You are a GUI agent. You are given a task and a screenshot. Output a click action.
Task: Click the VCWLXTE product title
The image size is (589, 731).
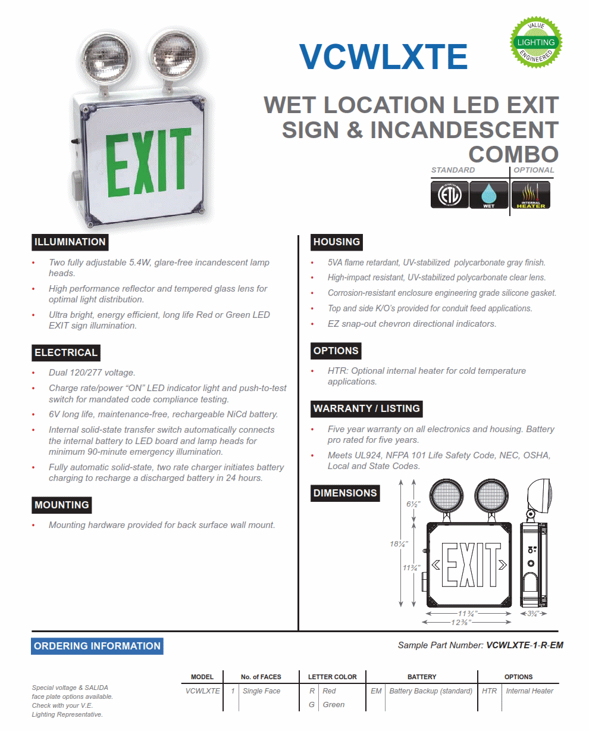(383, 57)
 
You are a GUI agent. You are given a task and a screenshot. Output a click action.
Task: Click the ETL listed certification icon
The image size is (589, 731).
(449, 195)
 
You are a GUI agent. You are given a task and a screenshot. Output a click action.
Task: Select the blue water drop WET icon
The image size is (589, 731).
(488, 195)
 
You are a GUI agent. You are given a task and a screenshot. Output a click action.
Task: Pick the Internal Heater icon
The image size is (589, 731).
(531, 195)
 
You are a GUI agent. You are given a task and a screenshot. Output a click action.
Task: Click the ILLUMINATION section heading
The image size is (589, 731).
(70, 242)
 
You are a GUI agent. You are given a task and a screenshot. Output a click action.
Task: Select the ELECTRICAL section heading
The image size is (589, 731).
(65, 352)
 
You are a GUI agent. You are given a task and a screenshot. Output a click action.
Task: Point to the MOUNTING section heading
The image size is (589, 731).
(62, 505)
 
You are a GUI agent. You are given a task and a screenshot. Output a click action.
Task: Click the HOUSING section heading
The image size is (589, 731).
(336, 242)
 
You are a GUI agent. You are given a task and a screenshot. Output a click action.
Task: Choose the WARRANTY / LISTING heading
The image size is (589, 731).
(366, 408)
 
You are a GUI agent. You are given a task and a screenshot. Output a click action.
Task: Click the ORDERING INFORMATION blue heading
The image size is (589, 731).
(97, 646)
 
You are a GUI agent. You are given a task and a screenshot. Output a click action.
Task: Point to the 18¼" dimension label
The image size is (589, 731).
(398, 543)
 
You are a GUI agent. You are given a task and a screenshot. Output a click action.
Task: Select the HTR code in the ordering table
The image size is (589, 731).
(489, 691)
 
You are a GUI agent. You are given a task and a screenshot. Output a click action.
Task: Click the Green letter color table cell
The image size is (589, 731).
(333, 705)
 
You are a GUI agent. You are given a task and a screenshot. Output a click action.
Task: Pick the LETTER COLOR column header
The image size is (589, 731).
(332, 677)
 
